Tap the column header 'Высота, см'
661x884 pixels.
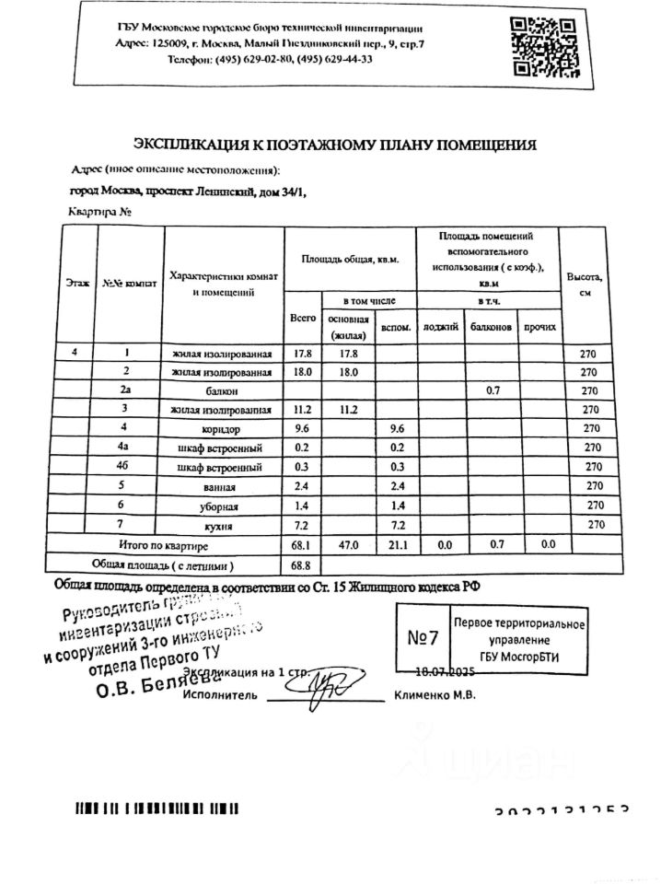[x=585, y=283]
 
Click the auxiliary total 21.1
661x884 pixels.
[x=397, y=545]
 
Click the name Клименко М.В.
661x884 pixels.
[x=435, y=695]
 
